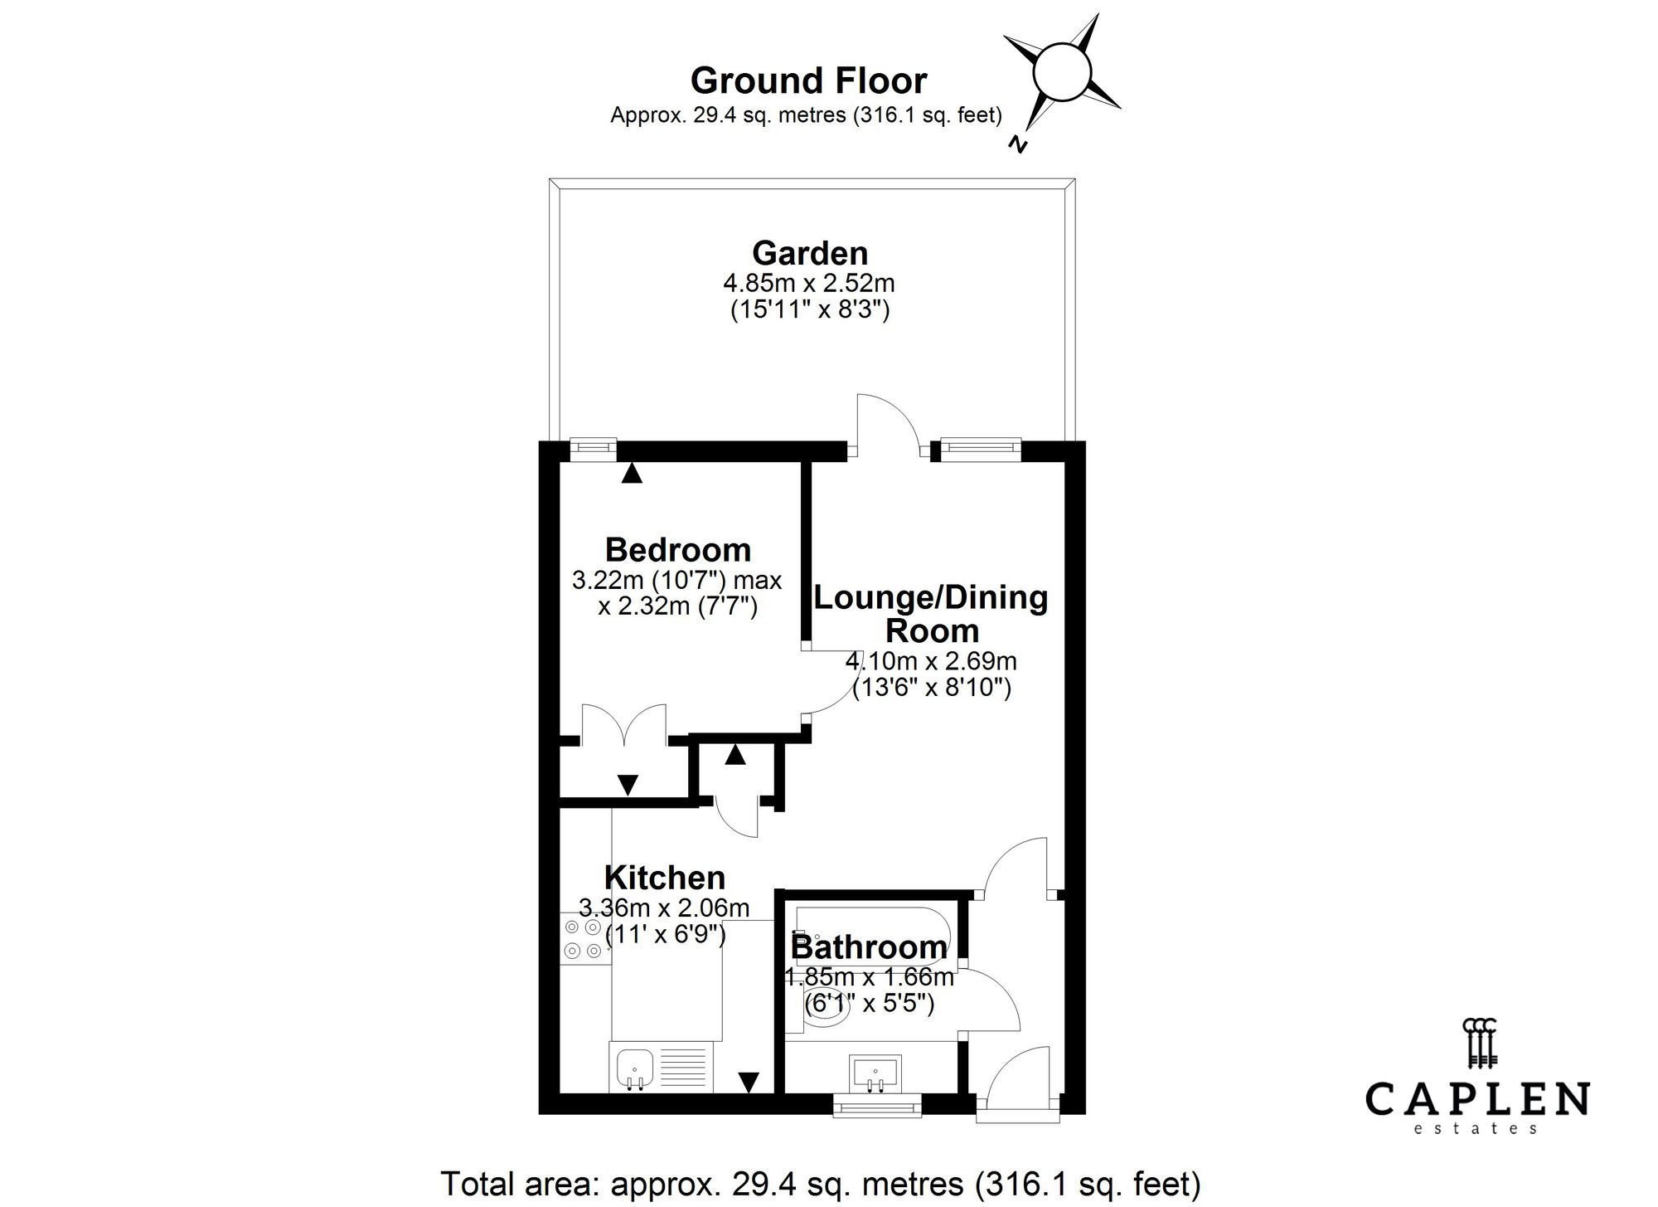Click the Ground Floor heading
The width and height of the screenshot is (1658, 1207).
tap(808, 81)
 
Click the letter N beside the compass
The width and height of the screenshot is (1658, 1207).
tap(1018, 144)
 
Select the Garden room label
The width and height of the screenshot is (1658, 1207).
tap(810, 253)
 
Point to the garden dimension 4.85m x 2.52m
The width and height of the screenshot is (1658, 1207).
tap(809, 284)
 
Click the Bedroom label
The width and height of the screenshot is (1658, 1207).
tap(677, 550)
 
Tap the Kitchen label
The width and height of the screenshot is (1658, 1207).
tap(664, 878)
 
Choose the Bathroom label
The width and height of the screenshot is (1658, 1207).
tap(868, 947)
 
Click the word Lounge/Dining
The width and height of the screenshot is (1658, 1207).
tap(931, 597)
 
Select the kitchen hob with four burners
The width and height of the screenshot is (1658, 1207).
tap(583, 938)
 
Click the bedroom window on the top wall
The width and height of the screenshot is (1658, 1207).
tap(594, 449)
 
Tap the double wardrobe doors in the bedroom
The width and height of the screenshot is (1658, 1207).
tap(624, 723)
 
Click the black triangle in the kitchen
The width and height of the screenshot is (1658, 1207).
tap(749, 1082)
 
